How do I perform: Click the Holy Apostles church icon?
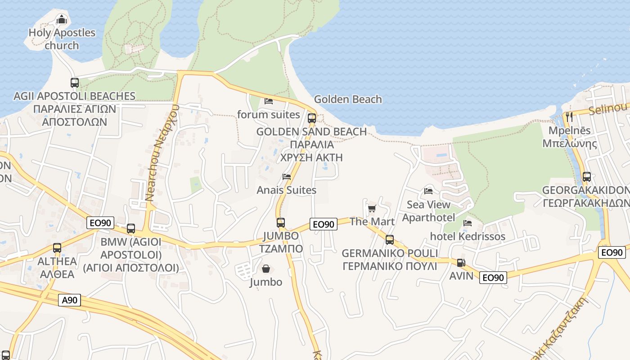(x=62, y=19)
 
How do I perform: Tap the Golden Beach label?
(x=348, y=99)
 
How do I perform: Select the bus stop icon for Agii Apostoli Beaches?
(x=75, y=83)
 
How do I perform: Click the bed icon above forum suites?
(x=269, y=101)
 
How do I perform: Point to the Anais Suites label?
(x=287, y=190)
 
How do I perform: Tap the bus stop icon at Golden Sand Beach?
(x=312, y=118)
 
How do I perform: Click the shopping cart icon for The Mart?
(x=372, y=208)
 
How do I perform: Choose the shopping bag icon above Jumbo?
(x=266, y=269)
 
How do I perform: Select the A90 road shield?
(x=70, y=300)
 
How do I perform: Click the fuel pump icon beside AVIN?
(x=461, y=262)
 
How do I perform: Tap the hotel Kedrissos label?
(x=468, y=237)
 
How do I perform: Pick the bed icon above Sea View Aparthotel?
(x=428, y=191)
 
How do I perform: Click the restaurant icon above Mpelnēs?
(x=569, y=117)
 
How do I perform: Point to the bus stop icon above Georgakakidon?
(x=586, y=177)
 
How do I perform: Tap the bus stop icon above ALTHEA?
(x=57, y=248)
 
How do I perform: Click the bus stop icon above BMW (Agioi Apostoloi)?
(x=131, y=229)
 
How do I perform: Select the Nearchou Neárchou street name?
(x=162, y=153)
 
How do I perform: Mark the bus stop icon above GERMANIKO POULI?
(x=390, y=240)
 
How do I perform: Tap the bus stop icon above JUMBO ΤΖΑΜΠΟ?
(x=281, y=222)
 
